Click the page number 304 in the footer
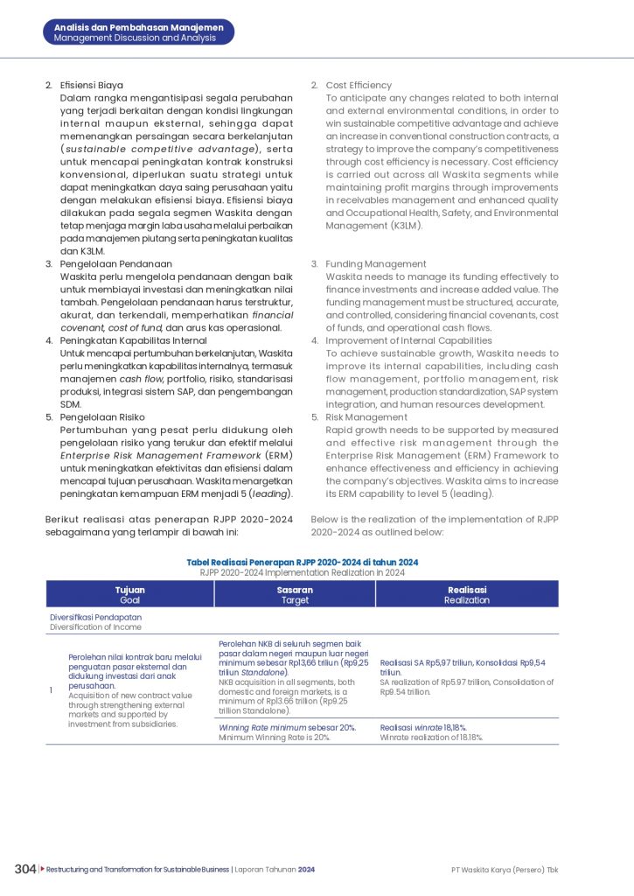(25, 869)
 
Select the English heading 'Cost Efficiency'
(359, 85)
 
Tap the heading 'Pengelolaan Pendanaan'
(115, 263)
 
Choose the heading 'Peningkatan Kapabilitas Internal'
(133, 339)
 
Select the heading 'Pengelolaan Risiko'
(101, 417)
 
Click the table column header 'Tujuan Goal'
(129, 595)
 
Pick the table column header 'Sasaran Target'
(295, 595)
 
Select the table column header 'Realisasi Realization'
(466, 595)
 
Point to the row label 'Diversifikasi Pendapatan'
(95, 617)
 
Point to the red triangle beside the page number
(41, 869)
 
